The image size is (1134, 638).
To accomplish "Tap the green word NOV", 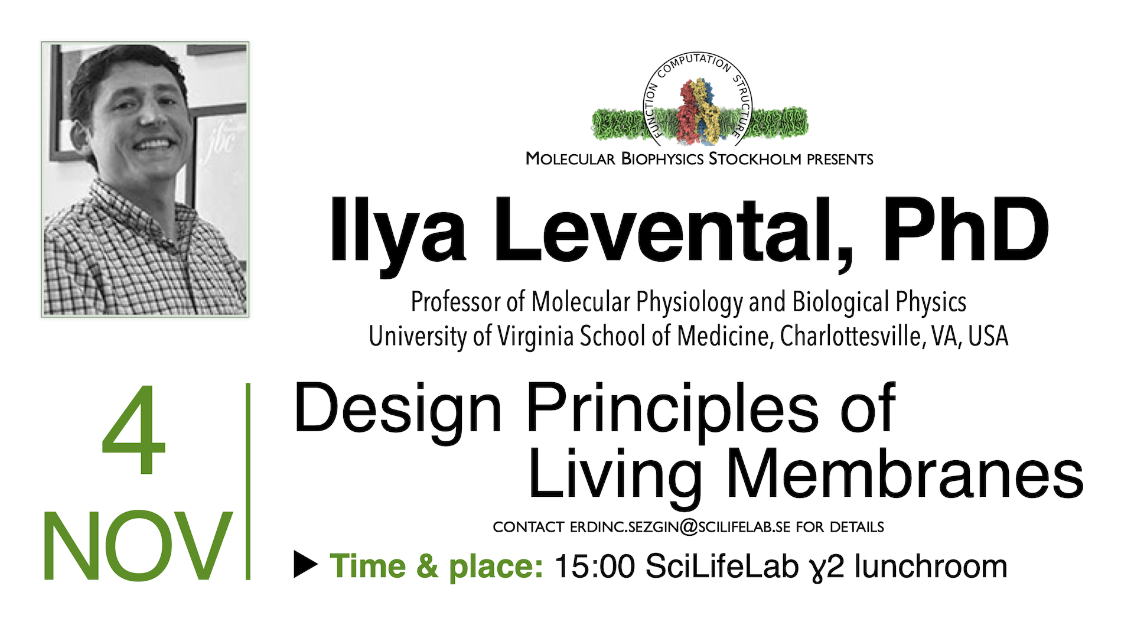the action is click(137, 546).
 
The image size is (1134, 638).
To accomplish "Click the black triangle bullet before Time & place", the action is click(306, 565).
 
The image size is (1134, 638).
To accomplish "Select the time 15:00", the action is click(595, 566).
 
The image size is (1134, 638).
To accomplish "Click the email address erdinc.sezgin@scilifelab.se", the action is click(680, 527).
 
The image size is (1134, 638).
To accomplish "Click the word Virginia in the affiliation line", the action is click(535, 337).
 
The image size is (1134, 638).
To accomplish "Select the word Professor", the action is click(458, 302).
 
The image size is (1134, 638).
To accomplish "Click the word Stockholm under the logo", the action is click(755, 159).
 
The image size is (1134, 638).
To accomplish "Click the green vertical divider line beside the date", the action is click(248, 481).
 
